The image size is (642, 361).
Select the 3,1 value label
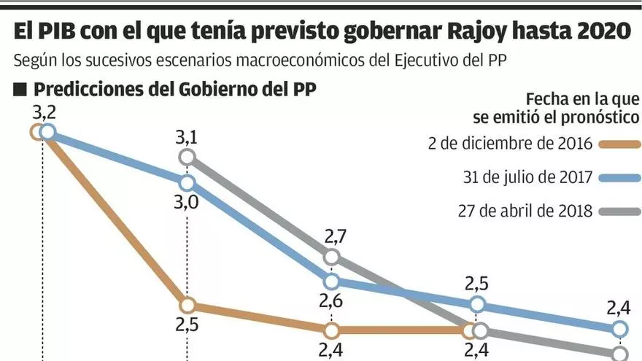187,137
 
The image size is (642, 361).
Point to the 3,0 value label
187,202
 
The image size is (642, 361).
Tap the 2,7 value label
332,236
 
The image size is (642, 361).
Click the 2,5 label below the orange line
187,325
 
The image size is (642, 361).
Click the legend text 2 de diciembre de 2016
511,143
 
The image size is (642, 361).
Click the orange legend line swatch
619,144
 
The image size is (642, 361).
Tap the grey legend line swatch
619,212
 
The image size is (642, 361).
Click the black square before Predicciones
20,90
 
